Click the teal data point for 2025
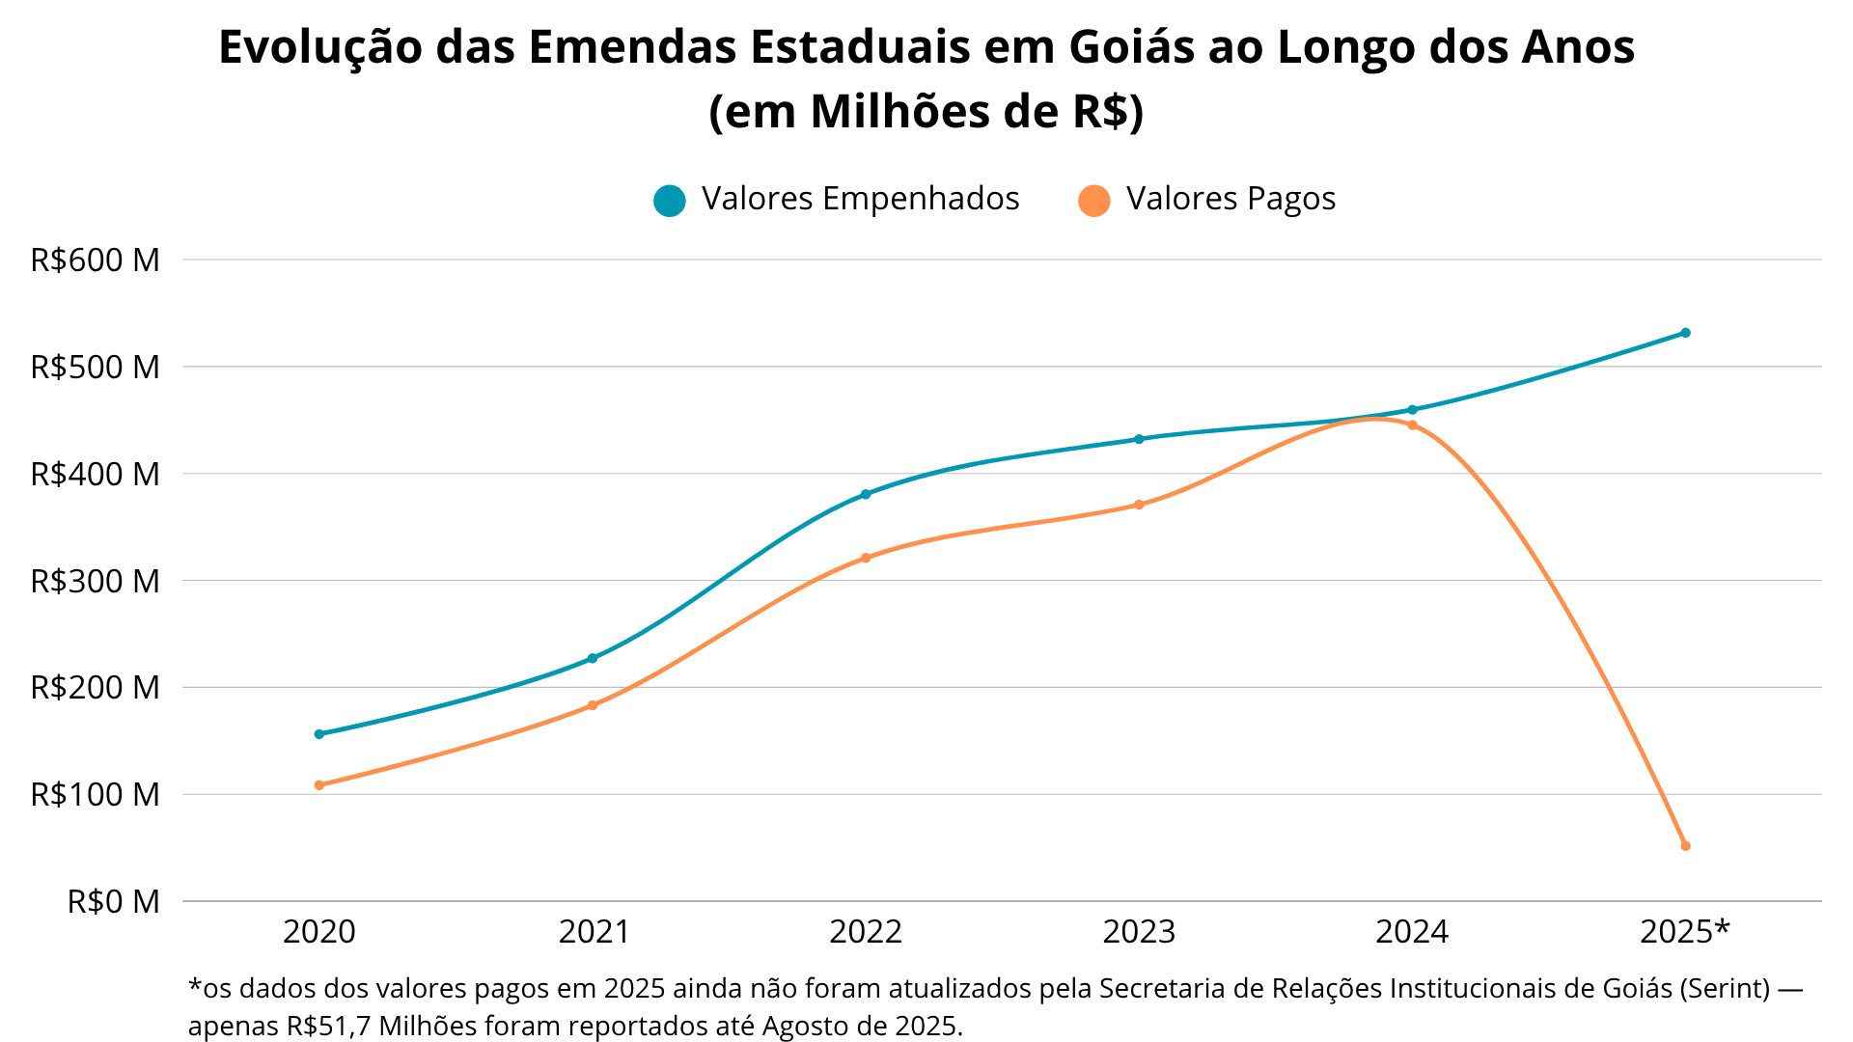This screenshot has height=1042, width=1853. click(1685, 333)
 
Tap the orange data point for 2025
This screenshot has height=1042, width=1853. click(1685, 846)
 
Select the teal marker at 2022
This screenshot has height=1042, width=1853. click(866, 494)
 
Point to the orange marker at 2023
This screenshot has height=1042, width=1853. click(1139, 505)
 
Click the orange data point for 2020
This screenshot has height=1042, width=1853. click(319, 785)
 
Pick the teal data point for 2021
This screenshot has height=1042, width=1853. click(593, 658)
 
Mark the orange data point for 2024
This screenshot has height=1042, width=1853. click(1413, 425)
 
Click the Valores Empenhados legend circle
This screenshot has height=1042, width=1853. click(669, 201)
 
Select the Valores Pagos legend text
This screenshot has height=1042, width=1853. click(1231, 199)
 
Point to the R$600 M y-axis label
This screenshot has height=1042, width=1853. click(95, 260)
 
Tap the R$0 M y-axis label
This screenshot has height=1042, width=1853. click(113, 902)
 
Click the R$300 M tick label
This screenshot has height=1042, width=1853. click(95, 581)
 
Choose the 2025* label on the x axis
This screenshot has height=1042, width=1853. click(1685, 932)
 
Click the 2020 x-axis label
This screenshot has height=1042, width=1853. click(319, 932)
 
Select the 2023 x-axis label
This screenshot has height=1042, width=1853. click(1139, 932)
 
